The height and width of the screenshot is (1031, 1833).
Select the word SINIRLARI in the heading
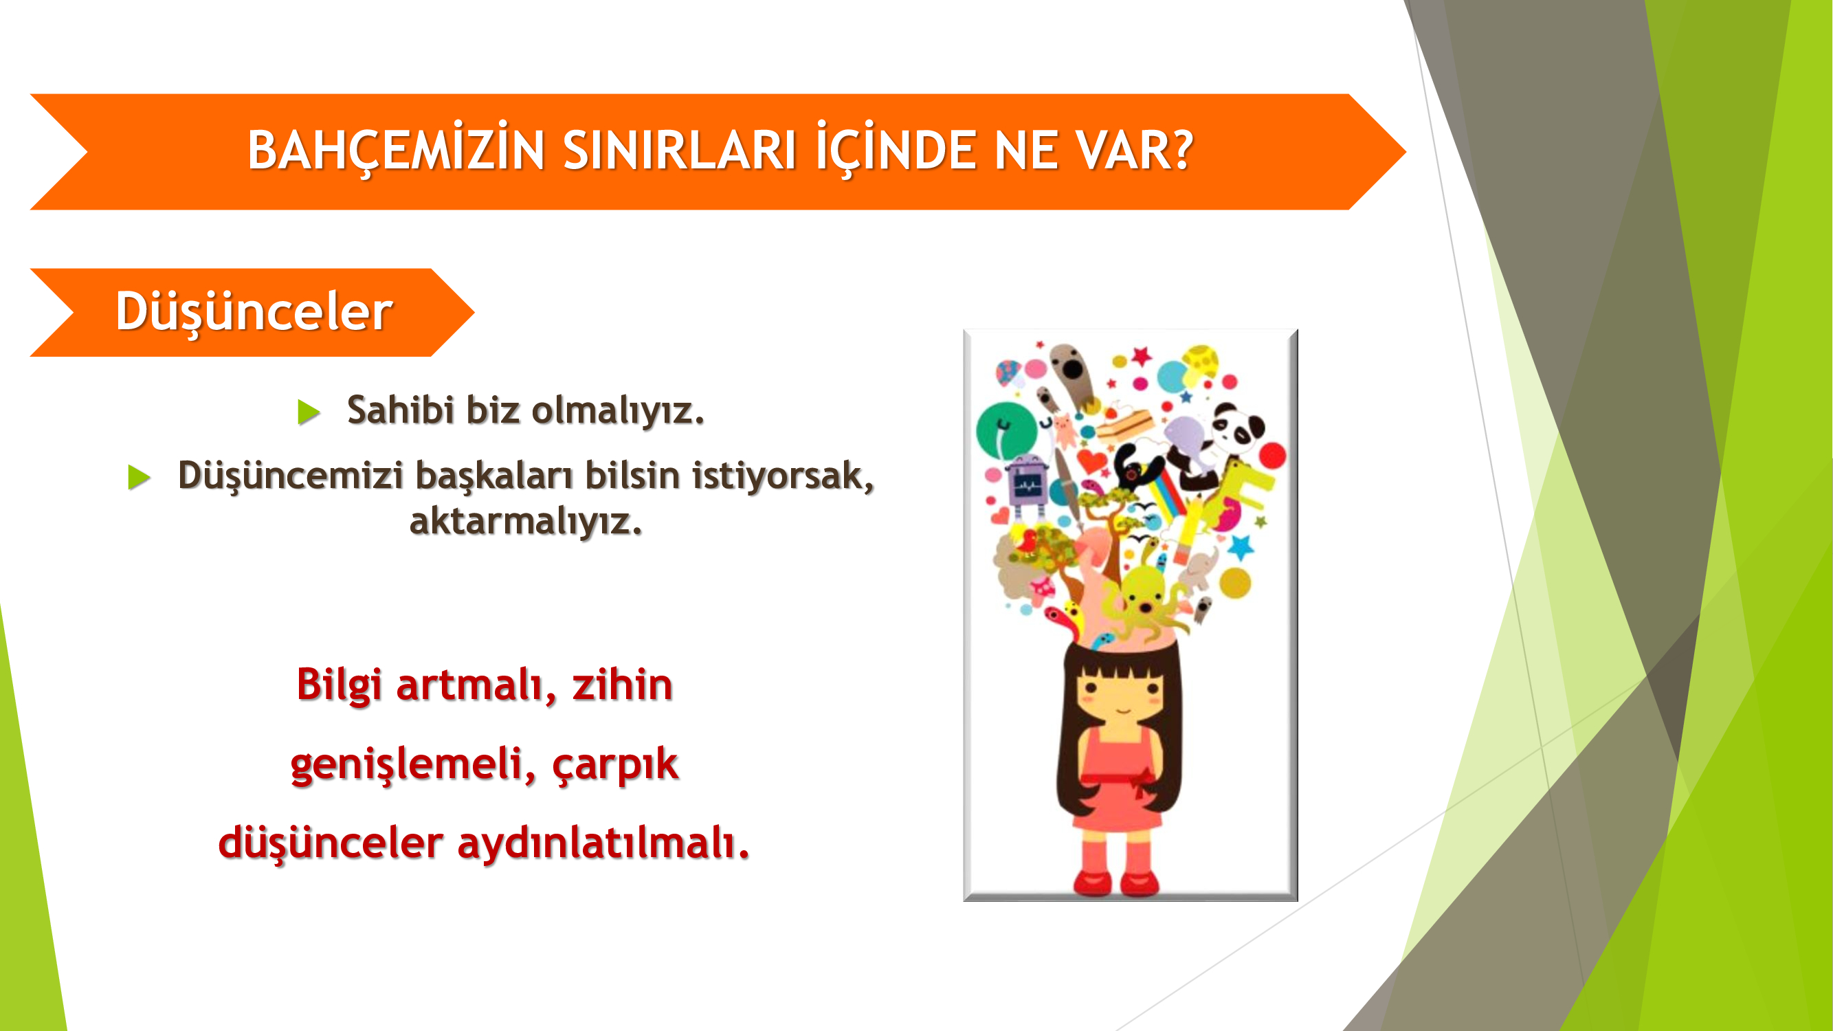tap(680, 150)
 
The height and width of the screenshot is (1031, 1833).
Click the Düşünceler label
tap(254, 311)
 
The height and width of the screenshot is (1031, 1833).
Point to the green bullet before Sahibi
tap(308, 412)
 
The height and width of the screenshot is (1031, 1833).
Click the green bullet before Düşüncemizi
tap(139, 477)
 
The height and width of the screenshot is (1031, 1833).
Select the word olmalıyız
tap(618, 411)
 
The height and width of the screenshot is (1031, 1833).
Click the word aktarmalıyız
tap(526, 522)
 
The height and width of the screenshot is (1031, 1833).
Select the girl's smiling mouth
tap(1122, 710)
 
